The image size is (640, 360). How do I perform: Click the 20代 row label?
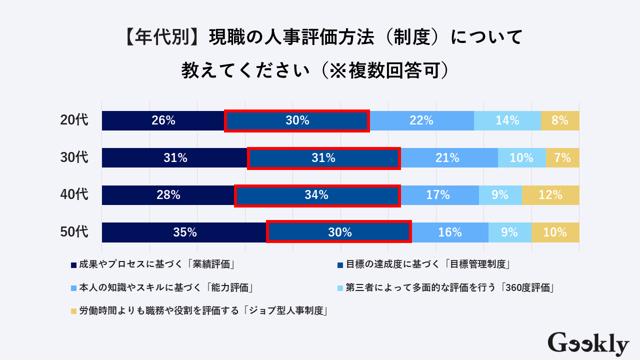74,120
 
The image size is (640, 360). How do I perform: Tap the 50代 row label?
74,232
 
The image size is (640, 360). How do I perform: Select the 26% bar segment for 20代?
163,120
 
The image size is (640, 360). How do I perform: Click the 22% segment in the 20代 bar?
421,120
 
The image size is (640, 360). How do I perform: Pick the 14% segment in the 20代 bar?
507,120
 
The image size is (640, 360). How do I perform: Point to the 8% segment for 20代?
560,120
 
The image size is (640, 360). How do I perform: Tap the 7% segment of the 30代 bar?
562,158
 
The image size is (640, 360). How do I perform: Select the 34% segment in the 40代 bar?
317,195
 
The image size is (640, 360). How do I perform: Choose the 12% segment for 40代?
550,195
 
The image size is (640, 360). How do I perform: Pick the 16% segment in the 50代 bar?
450,232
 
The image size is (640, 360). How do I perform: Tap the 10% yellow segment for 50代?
555,232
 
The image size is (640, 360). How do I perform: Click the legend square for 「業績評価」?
73,264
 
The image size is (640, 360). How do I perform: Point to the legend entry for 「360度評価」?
449,287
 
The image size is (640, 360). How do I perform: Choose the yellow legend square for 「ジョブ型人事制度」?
73,311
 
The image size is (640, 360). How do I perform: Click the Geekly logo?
588,344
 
